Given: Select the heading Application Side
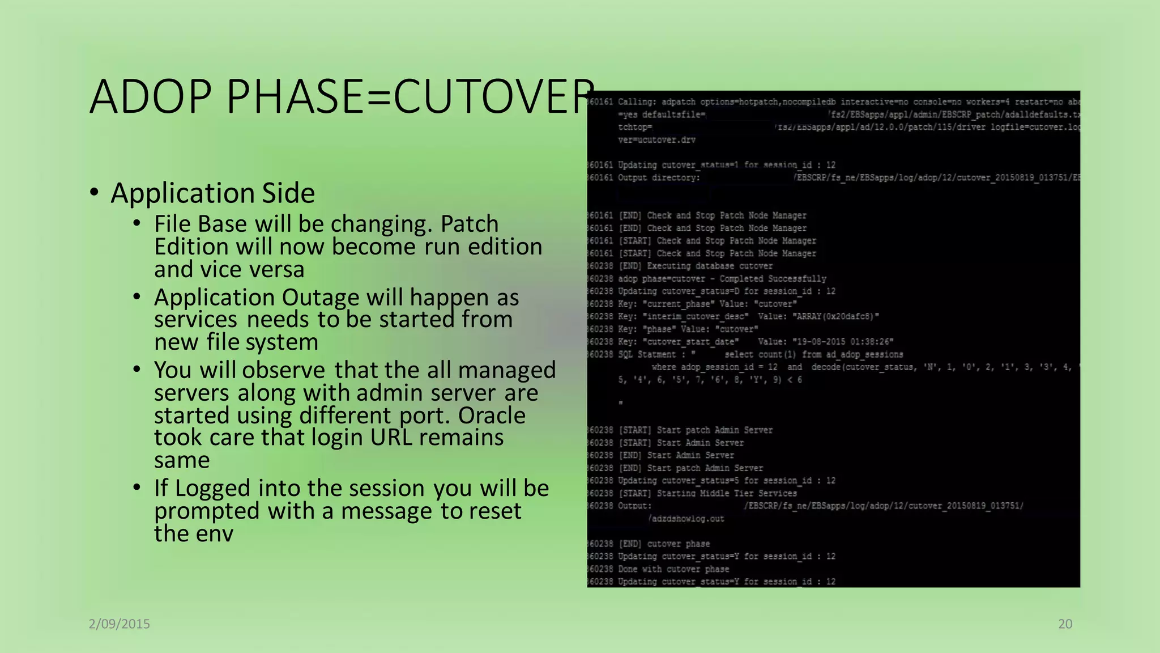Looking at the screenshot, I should click(212, 193).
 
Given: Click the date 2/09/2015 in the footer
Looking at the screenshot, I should click(120, 624).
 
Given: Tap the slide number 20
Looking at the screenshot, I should click(1065, 624).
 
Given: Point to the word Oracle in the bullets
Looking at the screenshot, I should click(492, 415).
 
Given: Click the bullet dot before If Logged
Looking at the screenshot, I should click(137, 487).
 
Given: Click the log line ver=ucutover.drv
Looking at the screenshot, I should click(656, 140).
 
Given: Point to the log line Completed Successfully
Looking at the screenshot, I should click(773, 279).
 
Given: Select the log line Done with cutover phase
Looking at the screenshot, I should click(673, 569).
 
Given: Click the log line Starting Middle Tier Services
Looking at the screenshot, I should click(727, 493).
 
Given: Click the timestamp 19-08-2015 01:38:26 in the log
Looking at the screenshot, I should click(838, 342).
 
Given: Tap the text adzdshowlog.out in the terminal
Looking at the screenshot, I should click(686, 519).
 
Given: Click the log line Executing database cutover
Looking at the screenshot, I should click(710, 266).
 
